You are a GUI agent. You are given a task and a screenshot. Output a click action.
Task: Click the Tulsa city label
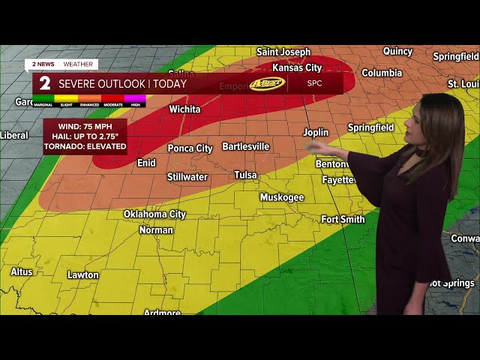[245, 175]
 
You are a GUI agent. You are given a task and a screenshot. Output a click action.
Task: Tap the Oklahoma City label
[154, 214]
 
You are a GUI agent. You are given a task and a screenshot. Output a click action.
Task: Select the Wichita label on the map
[184, 109]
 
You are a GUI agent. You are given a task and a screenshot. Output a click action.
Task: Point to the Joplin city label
[316, 132]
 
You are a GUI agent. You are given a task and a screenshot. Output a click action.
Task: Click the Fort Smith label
[343, 220]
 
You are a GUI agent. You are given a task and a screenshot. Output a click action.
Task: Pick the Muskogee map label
[282, 197]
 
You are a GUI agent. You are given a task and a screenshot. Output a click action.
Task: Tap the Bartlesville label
[245, 146]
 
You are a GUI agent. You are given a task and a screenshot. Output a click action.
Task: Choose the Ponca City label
[190, 148]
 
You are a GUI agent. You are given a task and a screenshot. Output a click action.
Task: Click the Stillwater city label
[187, 178]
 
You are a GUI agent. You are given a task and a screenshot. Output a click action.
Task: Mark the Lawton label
[82, 275]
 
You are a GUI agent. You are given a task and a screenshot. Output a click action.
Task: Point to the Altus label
[22, 271]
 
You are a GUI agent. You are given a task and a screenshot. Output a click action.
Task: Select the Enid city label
[146, 163]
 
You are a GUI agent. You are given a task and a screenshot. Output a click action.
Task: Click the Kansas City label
[297, 68]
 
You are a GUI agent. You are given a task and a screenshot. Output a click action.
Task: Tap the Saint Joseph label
[283, 52]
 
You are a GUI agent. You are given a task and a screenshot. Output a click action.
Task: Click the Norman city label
[156, 229]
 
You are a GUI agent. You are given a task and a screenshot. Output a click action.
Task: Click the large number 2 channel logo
[45, 83]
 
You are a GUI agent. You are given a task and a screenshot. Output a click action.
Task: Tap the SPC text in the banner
[315, 83]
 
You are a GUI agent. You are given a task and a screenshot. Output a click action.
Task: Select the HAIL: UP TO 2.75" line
[85, 136]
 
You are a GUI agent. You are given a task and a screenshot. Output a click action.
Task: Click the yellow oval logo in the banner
[267, 83]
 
